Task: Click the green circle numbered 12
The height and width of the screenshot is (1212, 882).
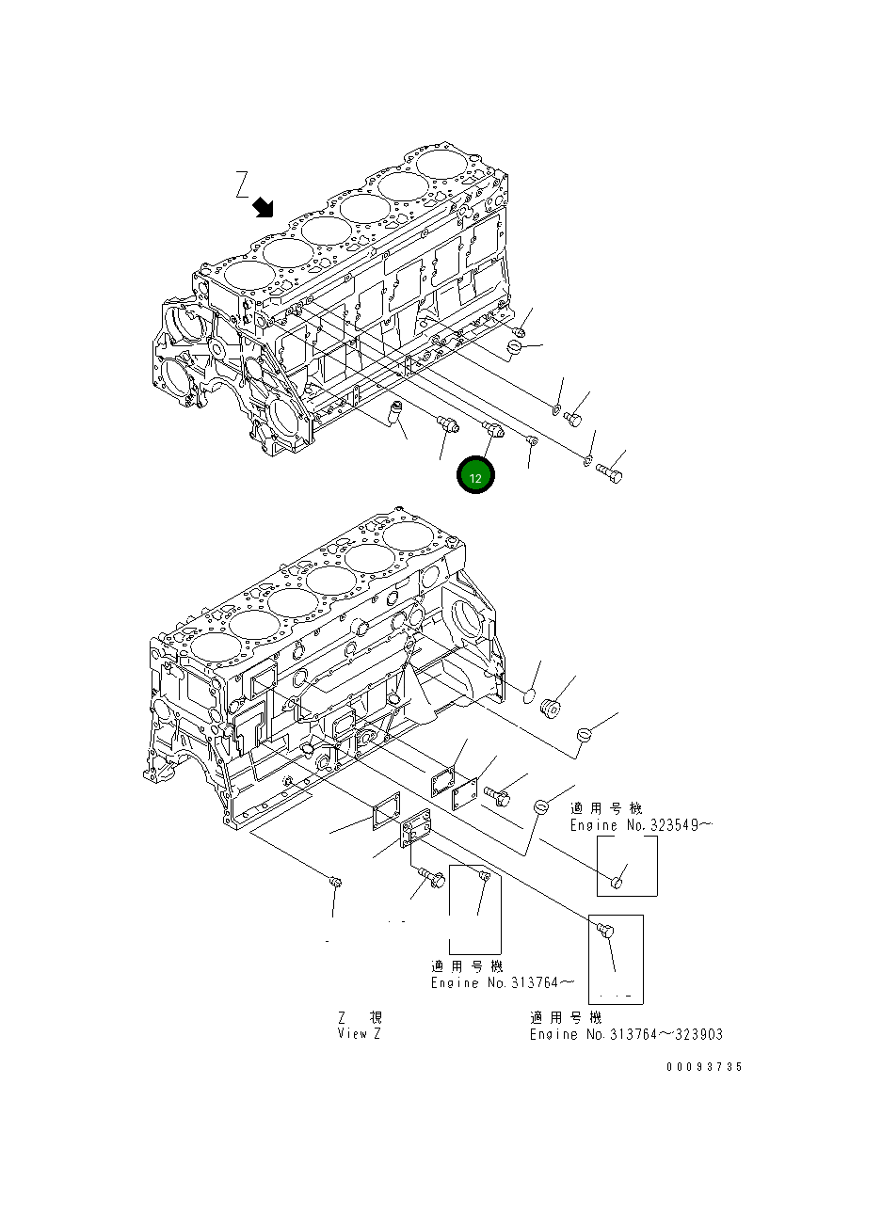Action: point(475,477)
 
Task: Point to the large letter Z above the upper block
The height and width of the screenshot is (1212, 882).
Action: point(242,184)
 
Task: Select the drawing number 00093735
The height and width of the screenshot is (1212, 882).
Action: point(704,1066)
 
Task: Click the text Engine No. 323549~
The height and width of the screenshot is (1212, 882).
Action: point(640,825)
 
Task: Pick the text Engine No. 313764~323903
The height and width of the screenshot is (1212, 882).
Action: point(626,1034)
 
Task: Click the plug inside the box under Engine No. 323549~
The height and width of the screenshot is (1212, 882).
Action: point(617,882)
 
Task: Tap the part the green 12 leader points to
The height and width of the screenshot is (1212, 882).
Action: point(493,430)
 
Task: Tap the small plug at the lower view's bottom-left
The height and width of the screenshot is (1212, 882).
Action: point(335,882)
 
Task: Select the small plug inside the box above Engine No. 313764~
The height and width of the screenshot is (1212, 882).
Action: point(485,878)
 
